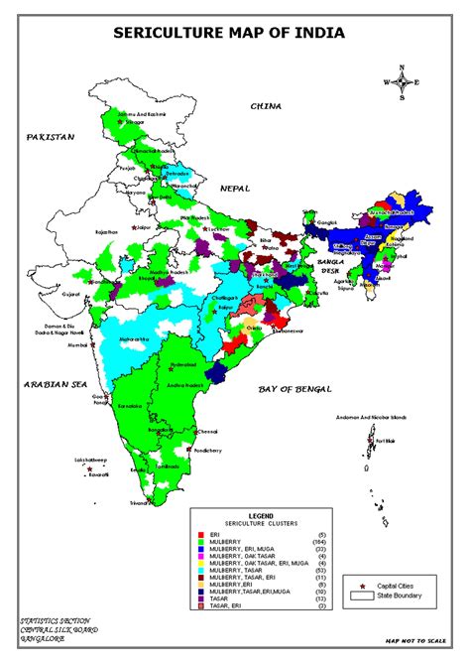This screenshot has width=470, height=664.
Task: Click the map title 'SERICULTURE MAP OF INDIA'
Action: coord(229,33)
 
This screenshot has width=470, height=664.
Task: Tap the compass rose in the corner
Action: coord(401,83)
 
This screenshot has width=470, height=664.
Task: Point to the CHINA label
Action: coord(266,105)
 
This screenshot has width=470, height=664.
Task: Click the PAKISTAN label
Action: coord(51,136)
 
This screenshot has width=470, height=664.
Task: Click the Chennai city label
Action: coord(206,432)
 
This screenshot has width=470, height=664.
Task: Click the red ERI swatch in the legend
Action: coord(200,535)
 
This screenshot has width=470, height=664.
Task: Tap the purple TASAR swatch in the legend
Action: coord(200,598)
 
